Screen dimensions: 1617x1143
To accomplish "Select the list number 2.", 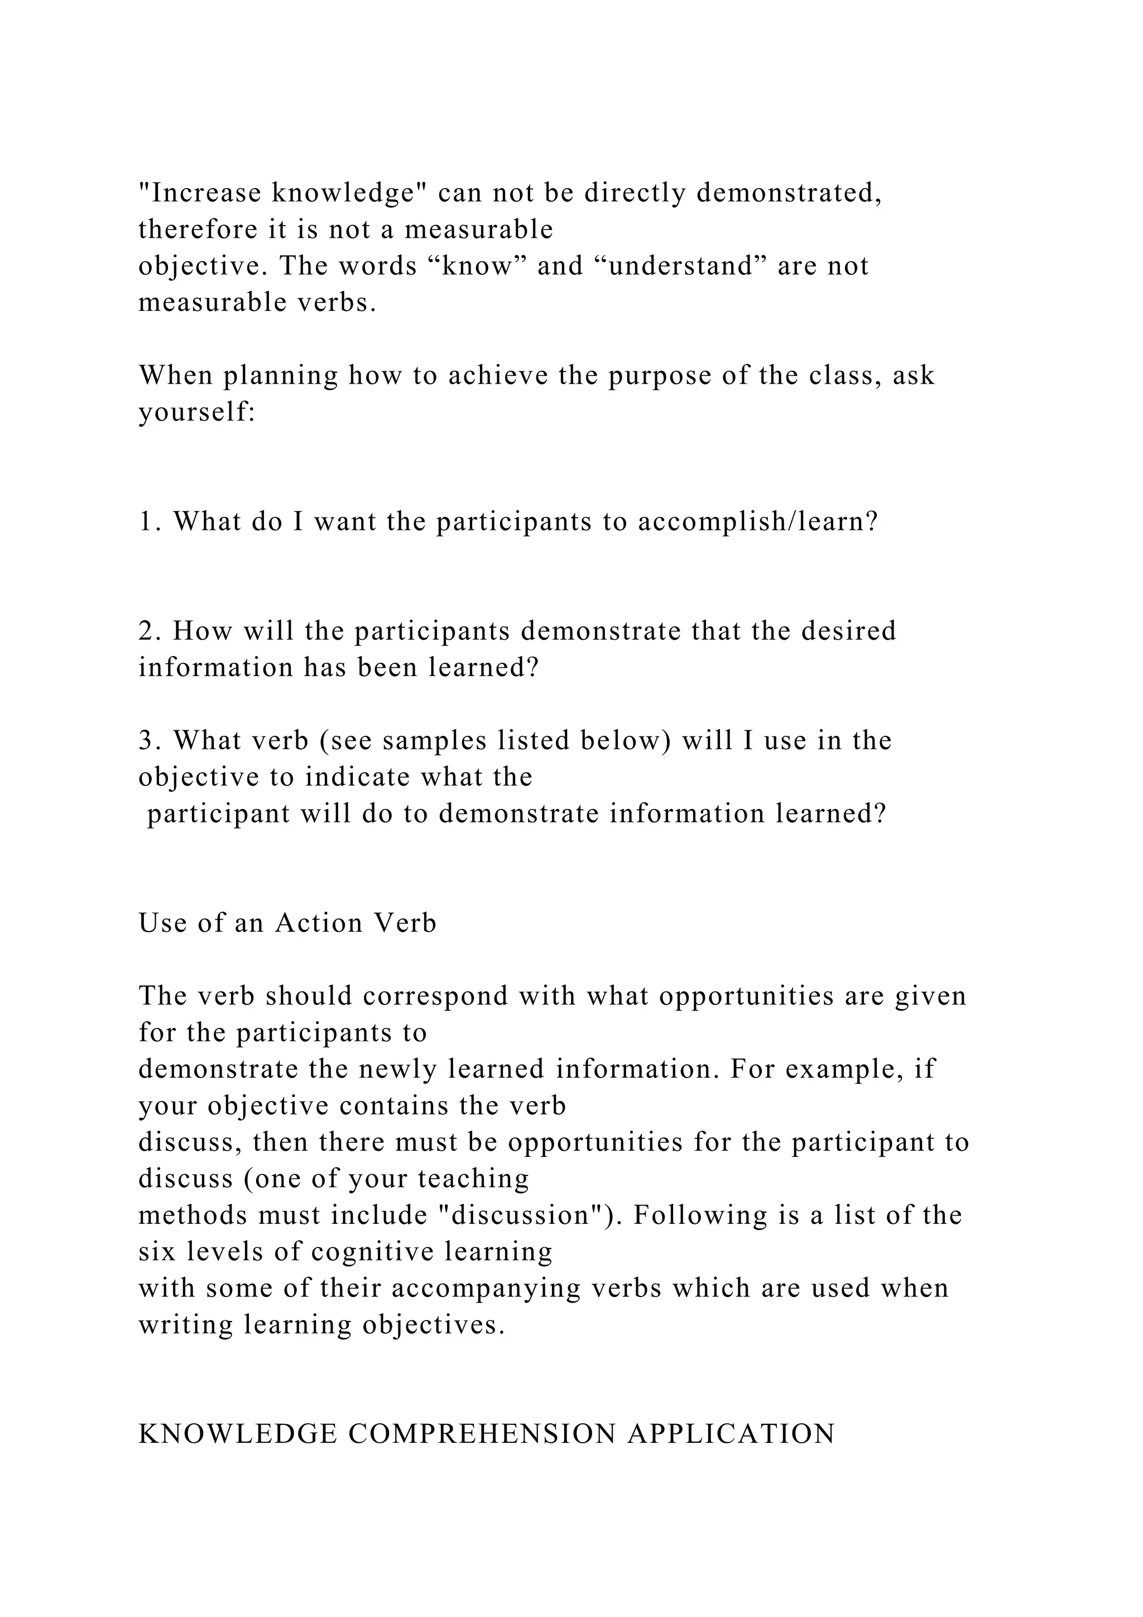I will pyautogui.click(x=148, y=631).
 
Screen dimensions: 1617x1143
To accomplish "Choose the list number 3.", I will pyautogui.click(x=148, y=741).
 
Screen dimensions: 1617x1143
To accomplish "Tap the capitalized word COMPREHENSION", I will pyautogui.click(x=482, y=1434).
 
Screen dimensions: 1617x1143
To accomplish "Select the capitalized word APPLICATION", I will pyautogui.click(x=731, y=1434).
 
